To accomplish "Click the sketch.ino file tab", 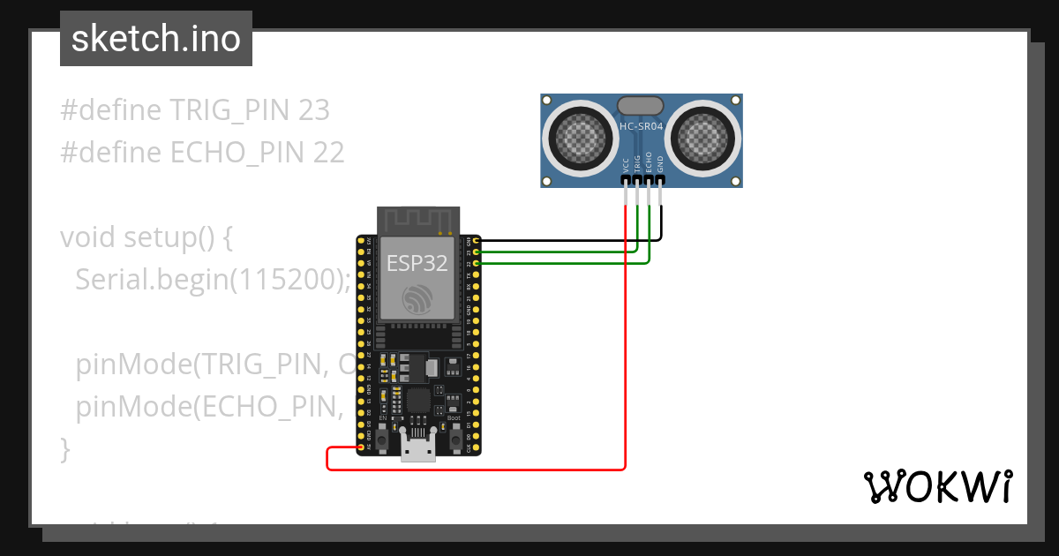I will pyautogui.click(x=156, y=39).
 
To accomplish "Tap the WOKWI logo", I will pyautogui.click(x=936, y=486).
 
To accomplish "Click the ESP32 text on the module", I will pyautogui.click(x=417, y=262).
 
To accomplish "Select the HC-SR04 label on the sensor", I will pyautogui.click(x=642, y=127).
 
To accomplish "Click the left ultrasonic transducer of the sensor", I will pyautogui.click(x=581, y=136).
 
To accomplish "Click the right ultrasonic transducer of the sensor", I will pyautogui.click(x=703, y=136).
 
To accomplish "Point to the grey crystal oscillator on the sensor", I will pyautogui.click(x=641, y=106).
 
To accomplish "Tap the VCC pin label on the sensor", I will pyautogui.click(x=626, y=164).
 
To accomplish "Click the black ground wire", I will pyautogui.click(x=565, y=239).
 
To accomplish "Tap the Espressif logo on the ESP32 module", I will pyautogui.click(x=417, y=297).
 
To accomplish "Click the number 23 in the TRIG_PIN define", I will pyautogui.click(x=314, y=110).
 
